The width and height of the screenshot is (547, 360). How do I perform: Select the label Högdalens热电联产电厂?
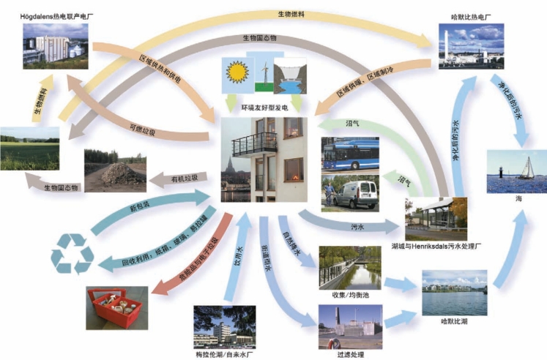click(x=56, y=15)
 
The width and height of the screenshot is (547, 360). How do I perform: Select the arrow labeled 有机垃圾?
click(x=183, y=179)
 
